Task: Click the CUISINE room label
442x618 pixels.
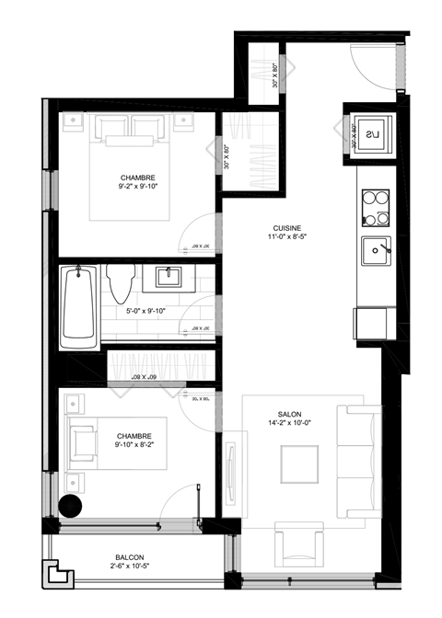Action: tap(287, 228)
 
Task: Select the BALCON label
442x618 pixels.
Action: tap(129, 557)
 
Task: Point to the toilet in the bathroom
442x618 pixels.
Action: tap(120, 283)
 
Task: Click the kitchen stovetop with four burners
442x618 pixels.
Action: tap(375, 208)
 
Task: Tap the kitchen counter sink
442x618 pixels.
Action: tap(375, 249)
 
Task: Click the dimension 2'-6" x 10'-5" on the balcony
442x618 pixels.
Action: tap(129, 567)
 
